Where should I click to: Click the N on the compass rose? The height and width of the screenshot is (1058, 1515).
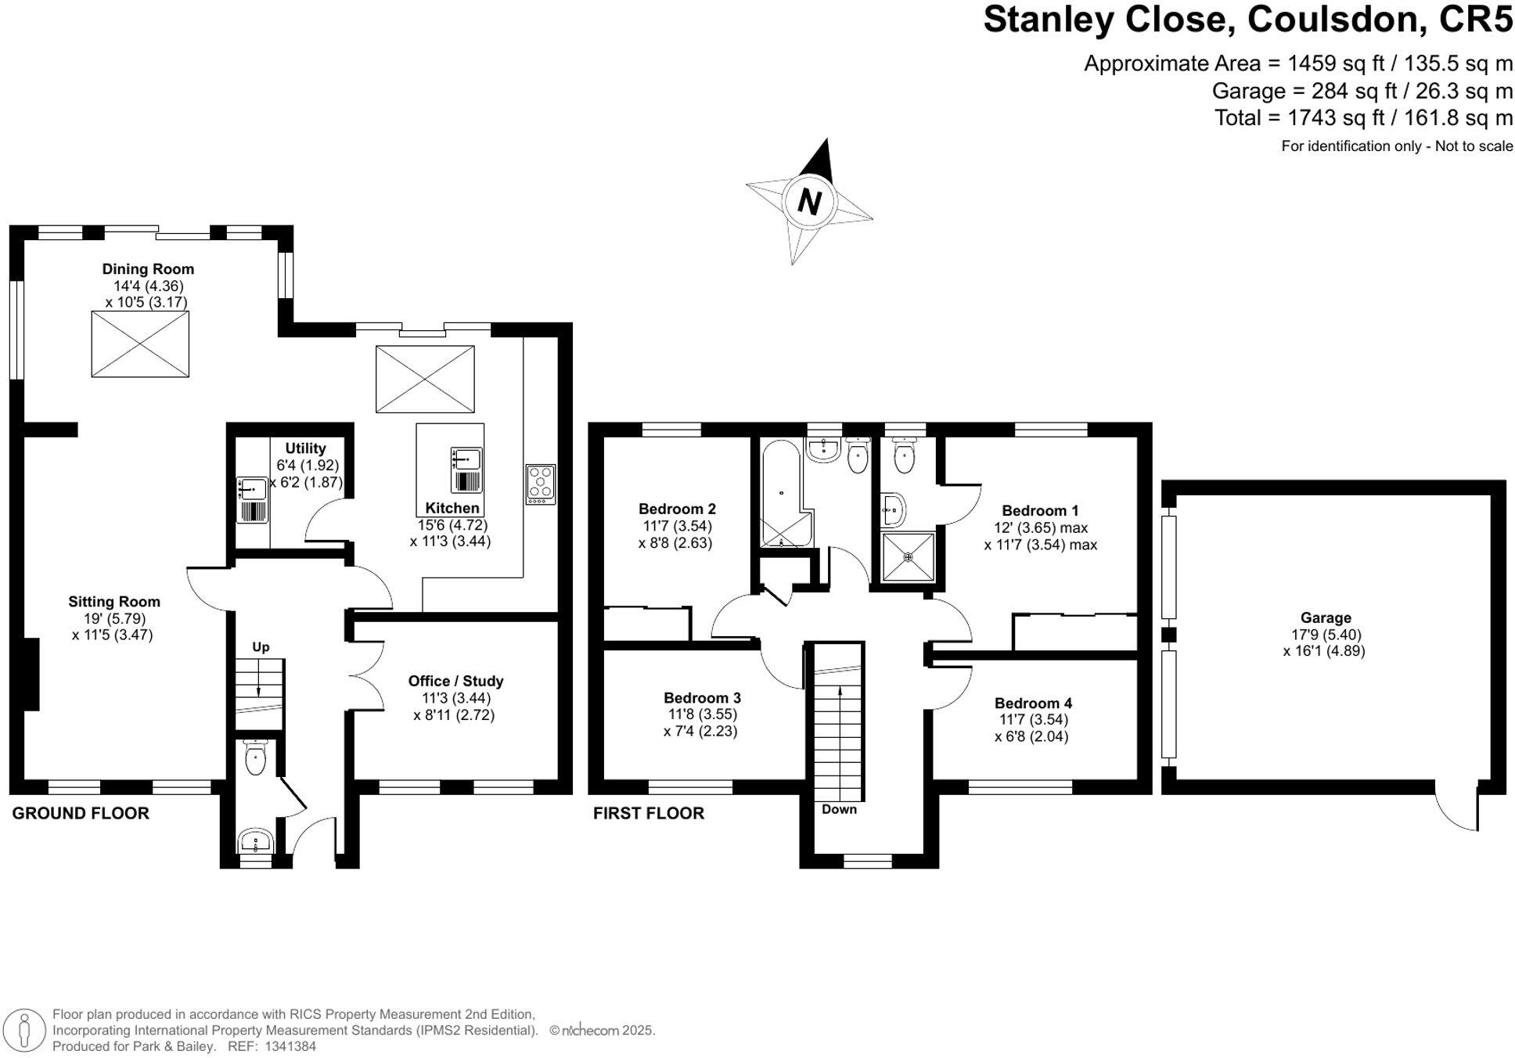coord(809,203)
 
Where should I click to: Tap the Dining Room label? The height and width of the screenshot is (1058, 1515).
coord(148,269)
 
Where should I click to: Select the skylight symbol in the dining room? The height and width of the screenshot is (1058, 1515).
coord(140,344)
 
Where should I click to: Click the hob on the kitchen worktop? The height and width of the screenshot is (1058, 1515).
coord(541,484)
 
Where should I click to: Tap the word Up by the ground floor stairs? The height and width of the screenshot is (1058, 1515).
coord(261,647)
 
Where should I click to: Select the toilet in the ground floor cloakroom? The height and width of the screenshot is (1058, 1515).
coord(255,758)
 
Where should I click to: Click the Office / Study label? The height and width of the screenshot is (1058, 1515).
coord(455,681)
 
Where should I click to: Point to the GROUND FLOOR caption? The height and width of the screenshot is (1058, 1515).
coord(81,813)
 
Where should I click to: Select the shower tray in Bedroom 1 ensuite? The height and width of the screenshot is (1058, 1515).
coord(908,557)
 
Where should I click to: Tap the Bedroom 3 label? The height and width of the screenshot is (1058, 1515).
coord(702,698)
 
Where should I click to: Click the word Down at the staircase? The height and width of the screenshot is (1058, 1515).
coord(839,809)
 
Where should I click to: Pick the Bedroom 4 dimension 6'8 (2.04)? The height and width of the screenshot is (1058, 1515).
coord(1031,736)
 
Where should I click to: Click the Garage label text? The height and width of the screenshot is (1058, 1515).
coord(1326,618)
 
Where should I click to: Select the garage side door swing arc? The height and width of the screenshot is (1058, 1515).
coord(1456,806)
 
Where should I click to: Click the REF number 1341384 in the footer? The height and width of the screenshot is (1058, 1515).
coord(290,1046)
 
